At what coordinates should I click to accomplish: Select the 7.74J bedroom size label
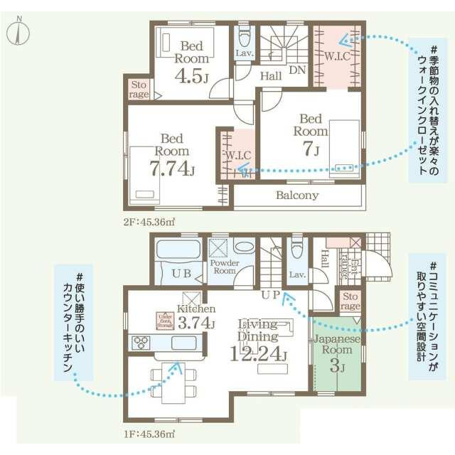173,168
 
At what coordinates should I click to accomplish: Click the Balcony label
297,195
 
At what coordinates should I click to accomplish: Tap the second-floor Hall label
270,75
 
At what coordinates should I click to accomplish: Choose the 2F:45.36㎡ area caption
149,222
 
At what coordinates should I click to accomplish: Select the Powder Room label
224,267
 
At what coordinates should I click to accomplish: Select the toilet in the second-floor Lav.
245,36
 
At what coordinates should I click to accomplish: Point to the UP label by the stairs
270,294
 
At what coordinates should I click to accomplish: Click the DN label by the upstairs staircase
297,70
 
